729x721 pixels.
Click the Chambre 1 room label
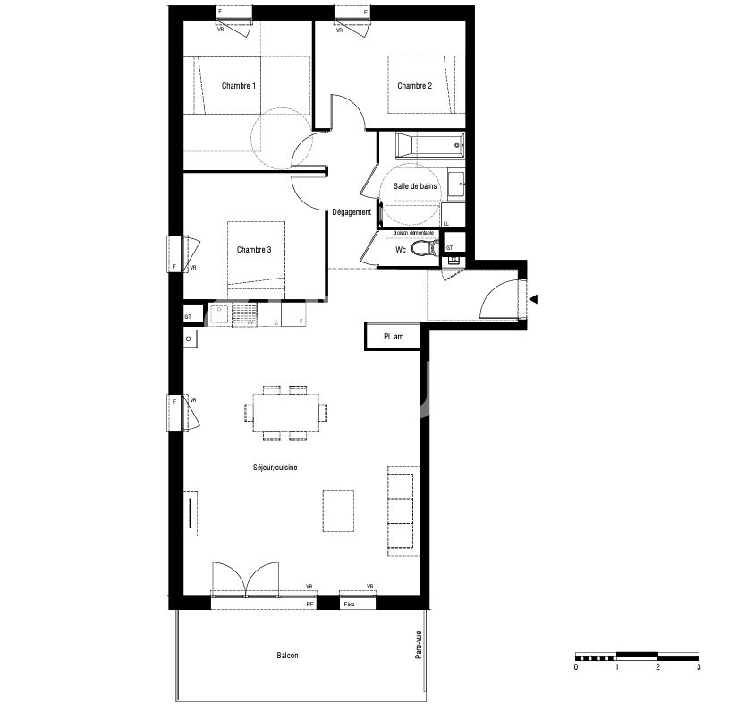pyautogui.click(x=239, y=86)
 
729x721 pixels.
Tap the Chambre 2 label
pyautogui.click(x=415, y=86)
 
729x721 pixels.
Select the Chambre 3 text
pyautogui.click(x=254, y=250)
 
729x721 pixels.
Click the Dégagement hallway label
pyautogui.click(x=352, y=212)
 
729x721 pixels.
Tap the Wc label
pyautogui.click(x=402, y=250)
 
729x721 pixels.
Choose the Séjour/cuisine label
pyautogui.click(x=277, y=468)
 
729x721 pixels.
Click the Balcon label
pyautogui.click(x=287, y=656)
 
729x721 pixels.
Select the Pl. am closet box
pyautogui.click(x=394, y=335)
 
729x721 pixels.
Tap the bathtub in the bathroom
pyautogui.click(x=430, y=144)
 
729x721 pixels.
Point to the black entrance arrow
pyautogui.click(x=533, y=300)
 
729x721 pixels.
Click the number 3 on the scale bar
pyautogui.click(x=698, y=667)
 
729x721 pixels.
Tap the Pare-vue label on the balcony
pyautogui.click(x=418, y=645)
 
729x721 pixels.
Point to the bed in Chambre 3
pyautogui.click(x=257, y=259)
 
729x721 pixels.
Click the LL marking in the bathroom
pyautogui.click(x=446, y=222)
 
